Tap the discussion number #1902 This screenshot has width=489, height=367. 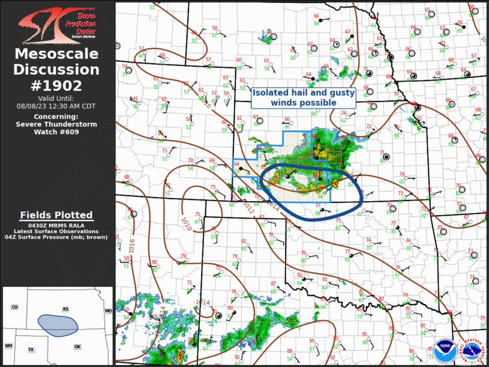click(x=57, y=85)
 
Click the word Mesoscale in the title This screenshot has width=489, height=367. click(x=57, y=55)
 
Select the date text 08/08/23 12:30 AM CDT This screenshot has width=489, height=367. click(x=57, y=105)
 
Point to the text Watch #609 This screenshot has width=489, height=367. click(x=57, y=132)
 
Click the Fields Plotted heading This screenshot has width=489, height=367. click(x=56, y=215)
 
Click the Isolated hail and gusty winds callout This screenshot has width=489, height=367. click(x=303, y=97)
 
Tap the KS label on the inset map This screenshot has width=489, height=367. click(x=65, y=309)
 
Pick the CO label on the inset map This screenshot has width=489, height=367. click(x=14, y=308)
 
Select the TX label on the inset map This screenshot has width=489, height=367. click(x=31, y=350)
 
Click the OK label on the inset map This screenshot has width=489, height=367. click(x=77, y=347)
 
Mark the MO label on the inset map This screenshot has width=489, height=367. click(x=108, y=311)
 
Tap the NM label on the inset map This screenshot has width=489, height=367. click(x=8, y=346)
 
